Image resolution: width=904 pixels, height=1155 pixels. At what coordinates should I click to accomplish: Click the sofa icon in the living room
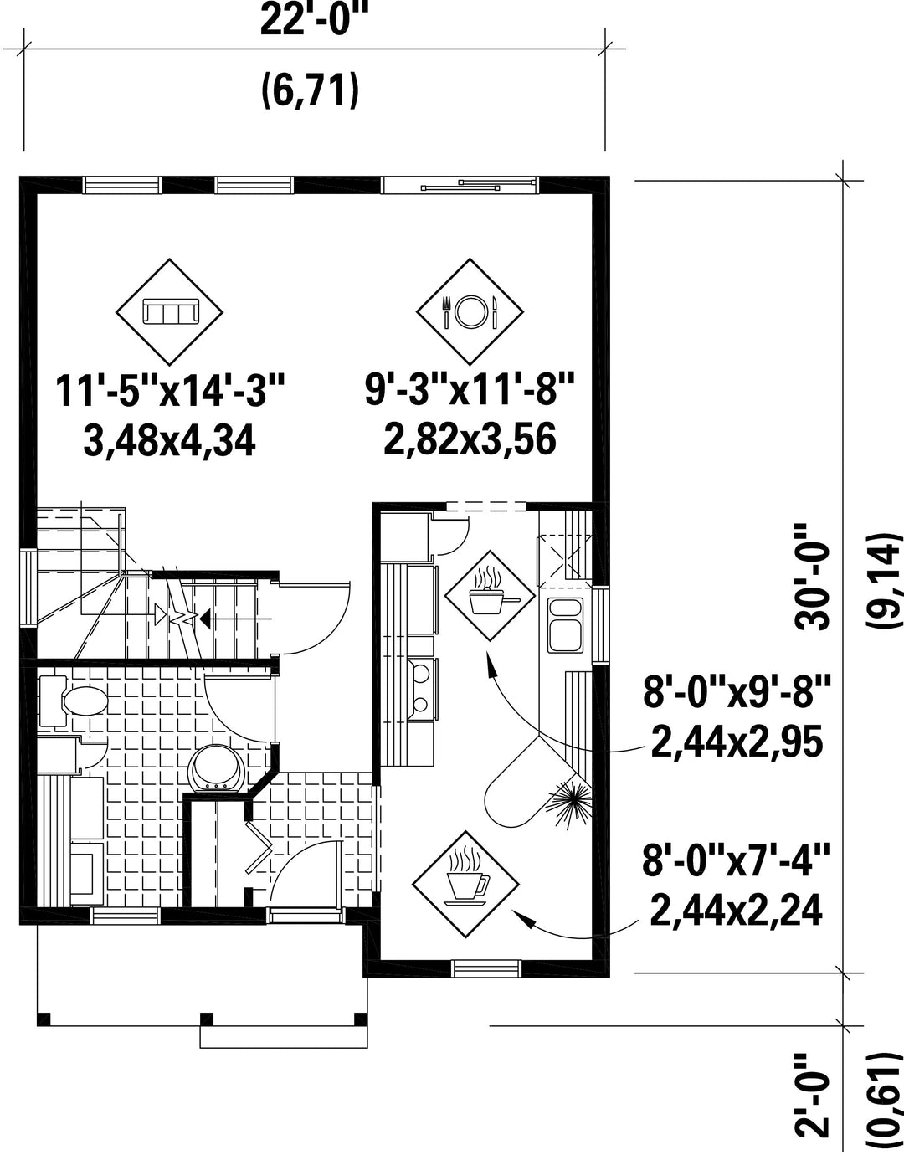click(170, 311)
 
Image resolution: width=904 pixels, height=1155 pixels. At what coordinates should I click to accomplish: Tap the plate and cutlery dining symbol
click(470, 312)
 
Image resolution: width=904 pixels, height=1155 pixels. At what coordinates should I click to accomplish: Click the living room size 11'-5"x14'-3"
click(170, 392)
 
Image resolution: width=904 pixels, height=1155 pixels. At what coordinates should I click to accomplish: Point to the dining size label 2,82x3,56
click(470, 440)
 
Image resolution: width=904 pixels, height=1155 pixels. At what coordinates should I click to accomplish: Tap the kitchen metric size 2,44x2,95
click(737, 742)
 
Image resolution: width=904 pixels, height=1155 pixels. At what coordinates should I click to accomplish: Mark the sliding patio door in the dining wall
click(460, 184)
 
